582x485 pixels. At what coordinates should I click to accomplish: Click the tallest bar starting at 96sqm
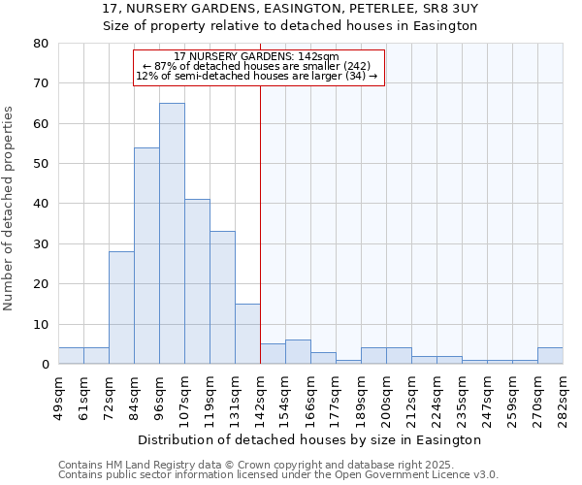tap(172, 233)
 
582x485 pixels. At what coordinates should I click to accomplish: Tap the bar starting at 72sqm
tap(121, 307)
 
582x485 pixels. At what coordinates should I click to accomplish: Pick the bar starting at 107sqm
tap(197, 281)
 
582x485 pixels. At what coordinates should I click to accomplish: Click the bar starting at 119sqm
tap(222, 297)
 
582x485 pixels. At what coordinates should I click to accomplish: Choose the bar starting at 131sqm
tap(247, 334)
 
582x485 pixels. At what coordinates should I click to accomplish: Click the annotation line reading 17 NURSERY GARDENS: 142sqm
tap(257, 56)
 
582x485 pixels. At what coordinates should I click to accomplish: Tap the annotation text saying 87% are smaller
tap(257, 66)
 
